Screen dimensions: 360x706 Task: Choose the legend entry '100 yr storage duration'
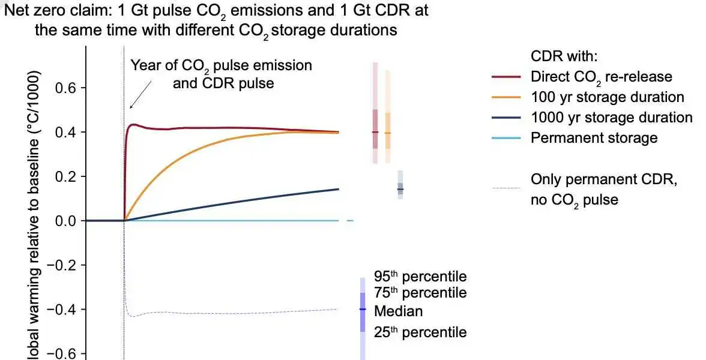(x=608, y=97)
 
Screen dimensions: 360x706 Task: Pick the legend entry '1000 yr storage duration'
(x=611, y=118)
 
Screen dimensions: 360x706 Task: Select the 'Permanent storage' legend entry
(x=594, y=138)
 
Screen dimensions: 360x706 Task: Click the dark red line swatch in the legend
(x=506, y=77)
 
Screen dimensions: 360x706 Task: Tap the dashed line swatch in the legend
(x=506, y=188)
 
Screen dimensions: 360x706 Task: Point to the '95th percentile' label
(x=420, y=277)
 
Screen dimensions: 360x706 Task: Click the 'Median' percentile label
(x=398, y=311)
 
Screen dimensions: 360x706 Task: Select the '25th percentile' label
(x=420, y=332)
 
